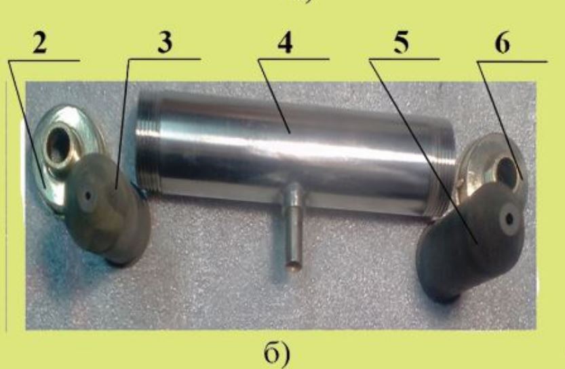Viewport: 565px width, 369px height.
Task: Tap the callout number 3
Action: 165,43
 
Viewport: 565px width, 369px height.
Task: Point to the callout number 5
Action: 401,43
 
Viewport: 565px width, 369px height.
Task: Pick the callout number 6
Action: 502,44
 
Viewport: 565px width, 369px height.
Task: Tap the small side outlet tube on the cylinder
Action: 293,226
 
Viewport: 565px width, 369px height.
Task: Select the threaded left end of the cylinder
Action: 148,142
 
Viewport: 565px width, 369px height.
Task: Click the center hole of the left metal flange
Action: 60,144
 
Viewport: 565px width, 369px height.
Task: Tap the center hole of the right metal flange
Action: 507,170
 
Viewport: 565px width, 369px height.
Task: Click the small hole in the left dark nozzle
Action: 87,197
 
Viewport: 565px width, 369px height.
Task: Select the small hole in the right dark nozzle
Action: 509,218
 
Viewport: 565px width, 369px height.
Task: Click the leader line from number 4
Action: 274,96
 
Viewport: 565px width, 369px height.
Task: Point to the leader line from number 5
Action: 424,151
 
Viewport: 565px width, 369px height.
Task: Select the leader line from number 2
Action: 26,123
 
